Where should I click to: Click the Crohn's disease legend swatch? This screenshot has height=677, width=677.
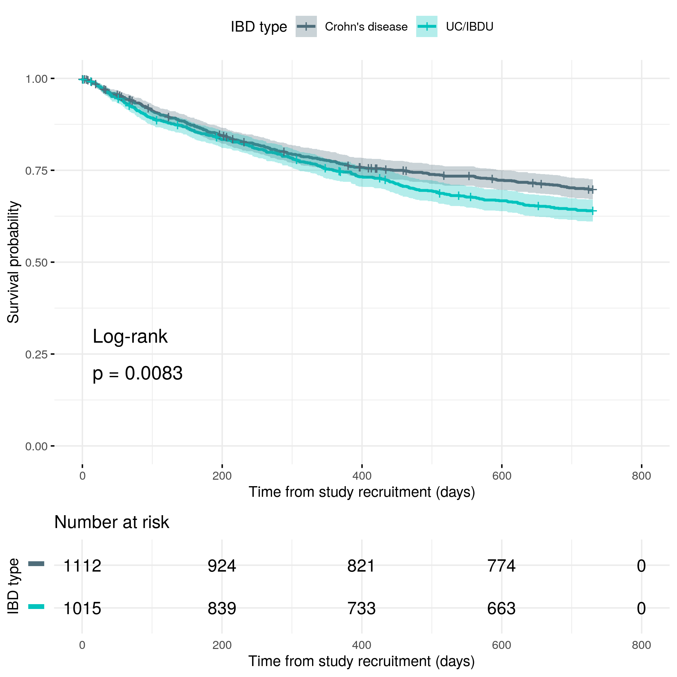point(306,26)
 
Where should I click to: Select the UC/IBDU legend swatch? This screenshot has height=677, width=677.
point(427,26)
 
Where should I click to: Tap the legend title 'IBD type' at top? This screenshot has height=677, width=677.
point(259,27)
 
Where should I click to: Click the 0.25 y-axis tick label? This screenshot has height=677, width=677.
point(36,354)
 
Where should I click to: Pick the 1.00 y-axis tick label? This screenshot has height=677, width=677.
point(36,79)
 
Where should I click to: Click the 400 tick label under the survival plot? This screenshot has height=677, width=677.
point(362,476)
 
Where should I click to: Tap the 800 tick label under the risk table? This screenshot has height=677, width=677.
point(641,645)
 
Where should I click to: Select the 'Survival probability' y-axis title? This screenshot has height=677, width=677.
point(13,262)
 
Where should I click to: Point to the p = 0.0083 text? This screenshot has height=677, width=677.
point(137,373)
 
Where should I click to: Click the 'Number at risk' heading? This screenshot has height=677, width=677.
point(112,522)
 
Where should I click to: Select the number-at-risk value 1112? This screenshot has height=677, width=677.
point(82,566)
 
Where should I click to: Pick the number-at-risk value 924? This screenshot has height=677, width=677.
point(222,566)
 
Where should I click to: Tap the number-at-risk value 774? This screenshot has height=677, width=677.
point(501,566)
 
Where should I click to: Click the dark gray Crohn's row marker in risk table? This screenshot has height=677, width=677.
point(36,564)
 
